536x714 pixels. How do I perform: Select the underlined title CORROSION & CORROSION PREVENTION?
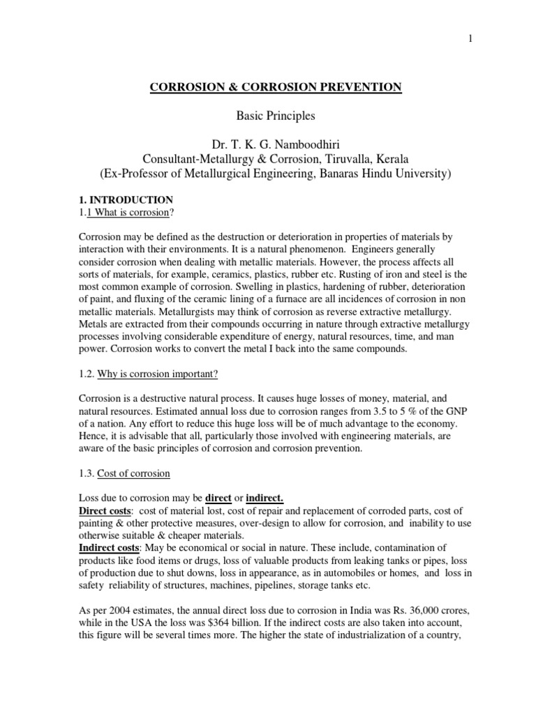point(276,87)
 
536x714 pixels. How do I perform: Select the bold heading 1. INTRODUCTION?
point(126,200)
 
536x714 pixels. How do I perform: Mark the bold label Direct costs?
point(102,511)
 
